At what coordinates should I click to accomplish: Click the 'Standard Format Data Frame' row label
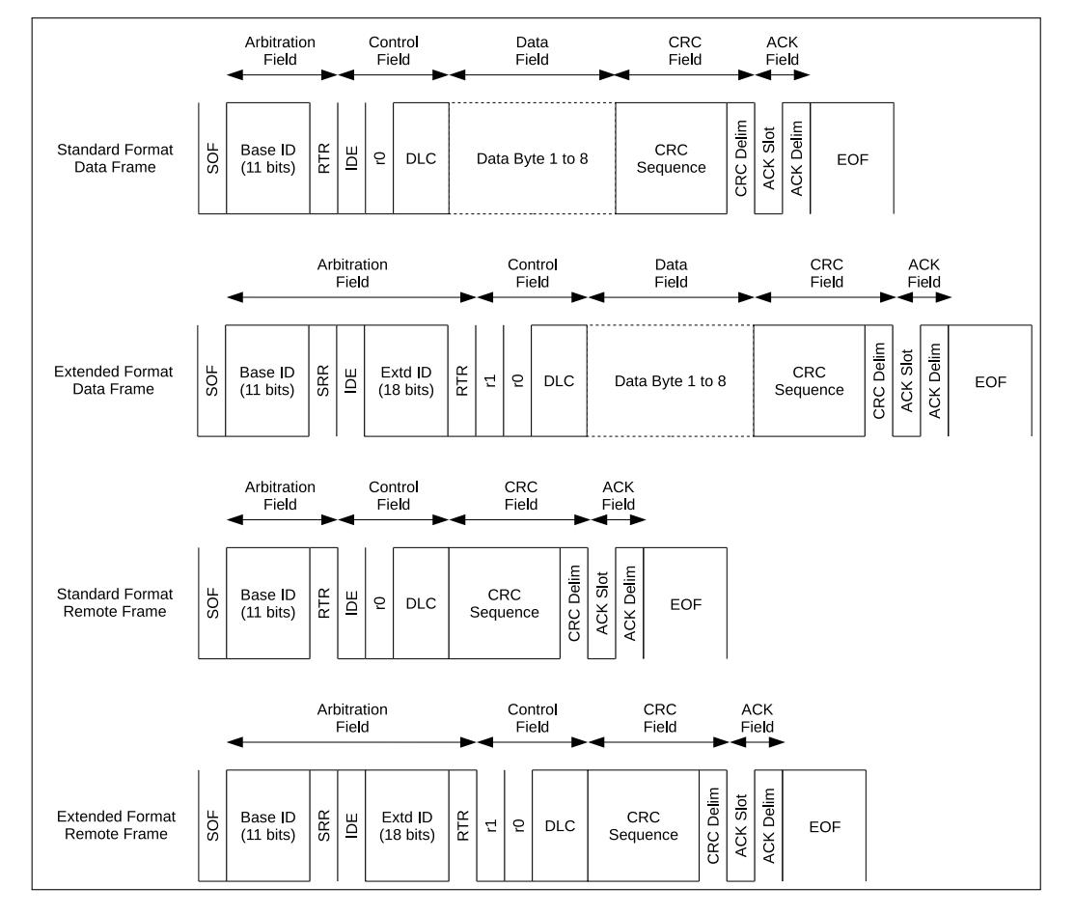point(115,158)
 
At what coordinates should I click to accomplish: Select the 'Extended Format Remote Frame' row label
point(116,825)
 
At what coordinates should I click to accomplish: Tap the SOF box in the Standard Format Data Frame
point(212,158)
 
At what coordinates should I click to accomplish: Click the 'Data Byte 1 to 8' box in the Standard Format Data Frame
point(532,158)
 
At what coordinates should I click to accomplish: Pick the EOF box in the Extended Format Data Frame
point(990,380)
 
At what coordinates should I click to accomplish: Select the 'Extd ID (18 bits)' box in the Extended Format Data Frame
point(406,380)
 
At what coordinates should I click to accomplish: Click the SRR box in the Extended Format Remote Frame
point(323,826)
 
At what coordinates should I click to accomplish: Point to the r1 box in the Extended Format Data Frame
point(489,380)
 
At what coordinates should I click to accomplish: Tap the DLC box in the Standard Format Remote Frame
point(421,603)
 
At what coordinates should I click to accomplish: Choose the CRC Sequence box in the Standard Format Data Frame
point(672,158)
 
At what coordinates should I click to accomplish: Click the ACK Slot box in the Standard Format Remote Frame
point(602,603)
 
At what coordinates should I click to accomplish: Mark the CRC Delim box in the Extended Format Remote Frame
point(713,826)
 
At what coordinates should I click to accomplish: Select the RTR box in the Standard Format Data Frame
point(323,158)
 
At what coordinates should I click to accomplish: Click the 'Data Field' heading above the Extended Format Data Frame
point(672,273)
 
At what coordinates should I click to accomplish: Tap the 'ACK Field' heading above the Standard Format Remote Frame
point(619,495)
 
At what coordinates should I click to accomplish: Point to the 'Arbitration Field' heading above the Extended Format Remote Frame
point(352,717)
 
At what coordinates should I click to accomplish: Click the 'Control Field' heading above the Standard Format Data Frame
point(394,51)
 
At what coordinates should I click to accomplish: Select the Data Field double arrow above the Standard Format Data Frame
point(532,74)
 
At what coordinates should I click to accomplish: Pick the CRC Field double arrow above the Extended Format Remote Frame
point(659,742)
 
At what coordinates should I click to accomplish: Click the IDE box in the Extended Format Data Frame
point(350,380)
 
